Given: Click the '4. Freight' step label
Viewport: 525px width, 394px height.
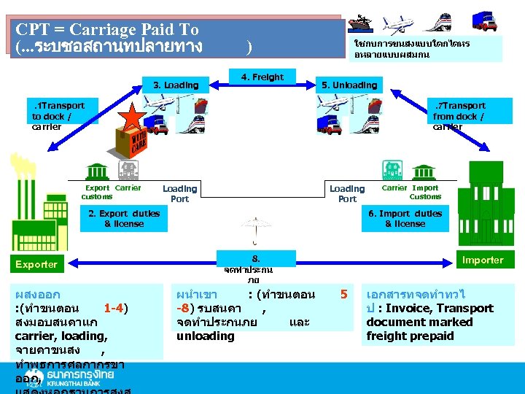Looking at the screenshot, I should click(262, 77).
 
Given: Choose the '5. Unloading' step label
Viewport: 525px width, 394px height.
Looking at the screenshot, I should click(349, 85).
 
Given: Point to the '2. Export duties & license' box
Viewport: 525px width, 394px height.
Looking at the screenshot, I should click(123, 219).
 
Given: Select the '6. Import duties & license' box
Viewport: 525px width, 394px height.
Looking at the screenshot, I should click(405, 219).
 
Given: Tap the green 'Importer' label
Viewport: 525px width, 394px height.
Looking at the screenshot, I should click(482, 260).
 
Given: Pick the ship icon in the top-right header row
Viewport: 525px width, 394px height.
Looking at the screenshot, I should click(362, 22).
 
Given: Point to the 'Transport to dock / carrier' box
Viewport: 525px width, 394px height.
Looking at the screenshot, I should click(58, 116).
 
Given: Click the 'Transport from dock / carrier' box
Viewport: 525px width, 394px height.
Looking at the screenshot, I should click(459, 116).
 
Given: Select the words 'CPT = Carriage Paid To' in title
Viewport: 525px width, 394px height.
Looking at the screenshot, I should click(107, 29).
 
